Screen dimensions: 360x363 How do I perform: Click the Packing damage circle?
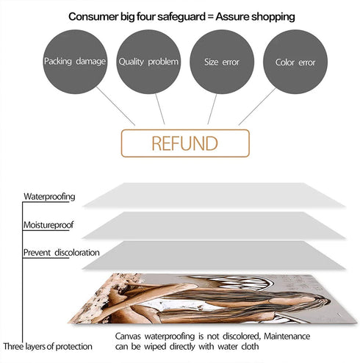(75, 62)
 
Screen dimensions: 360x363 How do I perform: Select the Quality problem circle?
(148, 62)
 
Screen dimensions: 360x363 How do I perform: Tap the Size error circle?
(222, 62)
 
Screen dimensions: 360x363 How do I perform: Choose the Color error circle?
(295, 62)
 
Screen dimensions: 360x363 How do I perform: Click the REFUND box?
(185, 143)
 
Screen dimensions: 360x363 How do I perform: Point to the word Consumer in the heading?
(93, 17)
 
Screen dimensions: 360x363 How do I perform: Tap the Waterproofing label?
(49, 197)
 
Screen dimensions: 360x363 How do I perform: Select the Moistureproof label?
(48, 225)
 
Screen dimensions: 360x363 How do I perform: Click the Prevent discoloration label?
(62, 253)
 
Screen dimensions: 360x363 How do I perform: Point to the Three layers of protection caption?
(48, 346)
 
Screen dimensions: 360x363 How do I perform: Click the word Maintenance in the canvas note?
(287, 336)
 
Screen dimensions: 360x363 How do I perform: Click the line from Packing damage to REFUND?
(115, 106)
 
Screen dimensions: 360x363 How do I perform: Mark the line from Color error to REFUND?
(257, 107)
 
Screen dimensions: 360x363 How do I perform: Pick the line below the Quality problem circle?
(160, 109)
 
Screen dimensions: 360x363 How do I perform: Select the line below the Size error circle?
(212, 109)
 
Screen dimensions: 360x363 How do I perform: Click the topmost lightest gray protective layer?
(214, 195)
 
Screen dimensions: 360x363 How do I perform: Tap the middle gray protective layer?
(214, 225)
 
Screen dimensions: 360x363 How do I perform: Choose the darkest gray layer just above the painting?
(214, 255)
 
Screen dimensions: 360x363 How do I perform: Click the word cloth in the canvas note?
(250, 346)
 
